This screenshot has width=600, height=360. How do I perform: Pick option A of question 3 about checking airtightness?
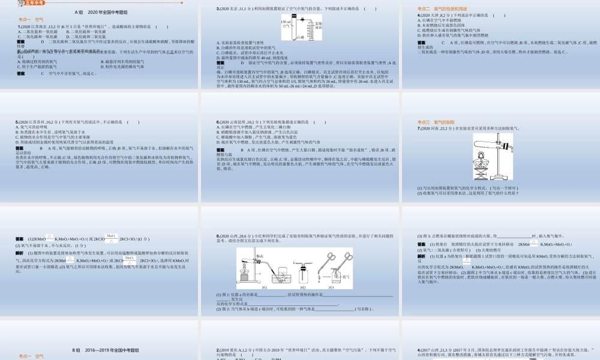tap(240, 43)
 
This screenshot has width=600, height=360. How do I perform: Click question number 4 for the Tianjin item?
tap(418, 14)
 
